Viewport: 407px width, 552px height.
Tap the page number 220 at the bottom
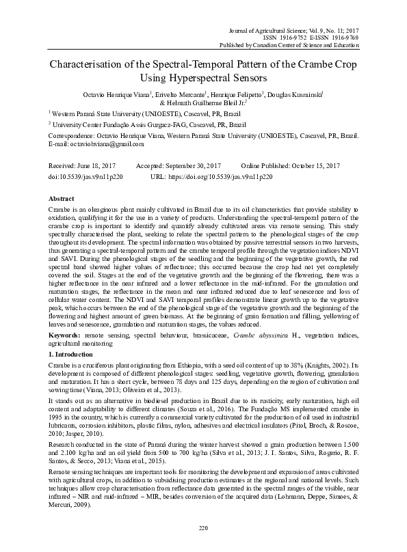click(203, 528)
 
